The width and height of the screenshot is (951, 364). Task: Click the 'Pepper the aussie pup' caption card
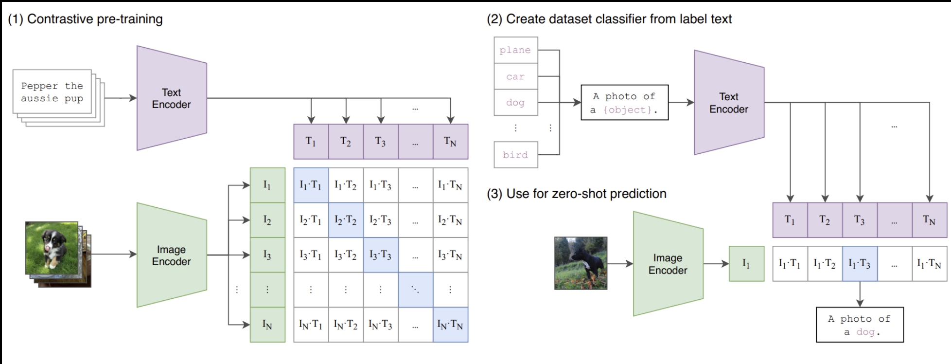pos(53,92)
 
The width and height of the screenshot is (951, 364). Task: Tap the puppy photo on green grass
pos(52,248)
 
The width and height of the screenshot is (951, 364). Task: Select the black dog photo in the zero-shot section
pos(581,263)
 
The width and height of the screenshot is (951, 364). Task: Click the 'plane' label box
pos(515,50)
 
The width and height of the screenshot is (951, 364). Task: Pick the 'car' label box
pos(515,76)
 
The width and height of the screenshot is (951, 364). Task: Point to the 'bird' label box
pos(515,155)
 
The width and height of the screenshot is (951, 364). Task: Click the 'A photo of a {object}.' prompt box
pos(624,103)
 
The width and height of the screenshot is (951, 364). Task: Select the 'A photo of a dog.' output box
pos(859,325)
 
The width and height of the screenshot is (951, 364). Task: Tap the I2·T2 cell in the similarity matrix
pos(346,220)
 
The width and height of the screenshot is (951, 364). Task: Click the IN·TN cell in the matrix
pos(450,325)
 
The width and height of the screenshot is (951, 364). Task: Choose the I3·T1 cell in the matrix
pos(311,255)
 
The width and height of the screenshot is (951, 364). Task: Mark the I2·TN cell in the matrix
pos(450,220)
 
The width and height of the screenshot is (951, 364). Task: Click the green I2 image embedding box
pos(267,220)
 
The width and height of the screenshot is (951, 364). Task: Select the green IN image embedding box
pos(267,325)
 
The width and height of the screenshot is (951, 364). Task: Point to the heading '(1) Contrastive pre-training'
pos(86,19)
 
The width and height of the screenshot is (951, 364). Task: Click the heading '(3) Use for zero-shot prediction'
pos(577,194)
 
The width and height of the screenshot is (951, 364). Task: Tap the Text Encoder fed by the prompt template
pos(728,103)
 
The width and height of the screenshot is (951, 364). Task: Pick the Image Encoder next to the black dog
pos(668,264)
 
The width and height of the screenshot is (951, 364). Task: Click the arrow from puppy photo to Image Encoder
pos(114,254)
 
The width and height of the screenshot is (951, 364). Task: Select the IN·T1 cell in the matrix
pos(311,325)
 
